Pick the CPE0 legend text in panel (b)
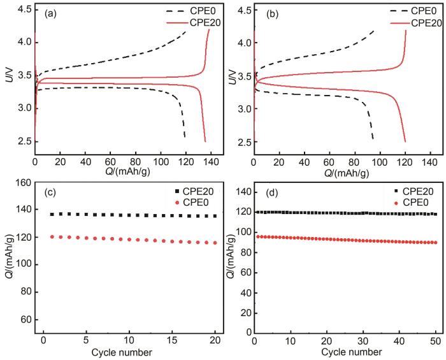pyautogui.click(x=423, y=11)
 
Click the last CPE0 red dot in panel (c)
pyautogui.click(x=215, y=243)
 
